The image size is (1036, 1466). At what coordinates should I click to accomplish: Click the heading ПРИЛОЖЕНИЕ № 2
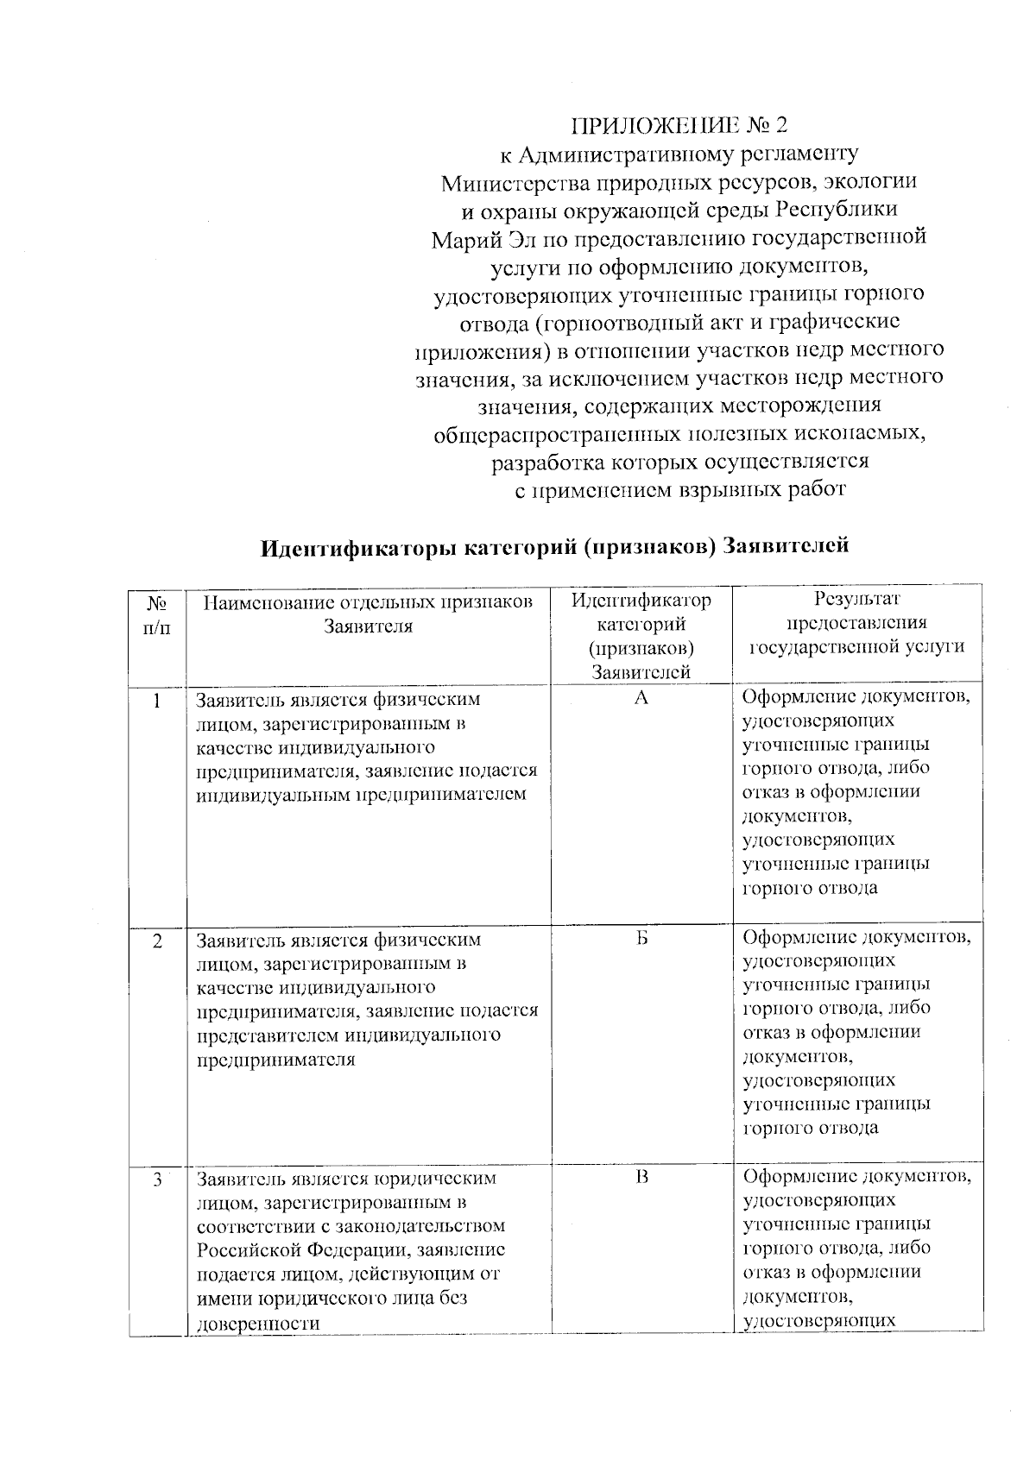(679, 126)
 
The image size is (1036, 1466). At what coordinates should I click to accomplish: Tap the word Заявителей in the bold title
(786, 545)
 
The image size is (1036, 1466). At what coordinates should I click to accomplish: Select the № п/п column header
(157, 613)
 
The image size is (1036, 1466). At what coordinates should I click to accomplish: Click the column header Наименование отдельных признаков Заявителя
(368, 613)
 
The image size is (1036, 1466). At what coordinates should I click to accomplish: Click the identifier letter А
(641, 698)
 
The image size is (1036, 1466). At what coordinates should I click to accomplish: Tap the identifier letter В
(641, 1177)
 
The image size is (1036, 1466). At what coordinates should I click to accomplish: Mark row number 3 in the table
(157, 1179)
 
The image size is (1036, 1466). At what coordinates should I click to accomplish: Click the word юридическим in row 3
(434, 1179)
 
